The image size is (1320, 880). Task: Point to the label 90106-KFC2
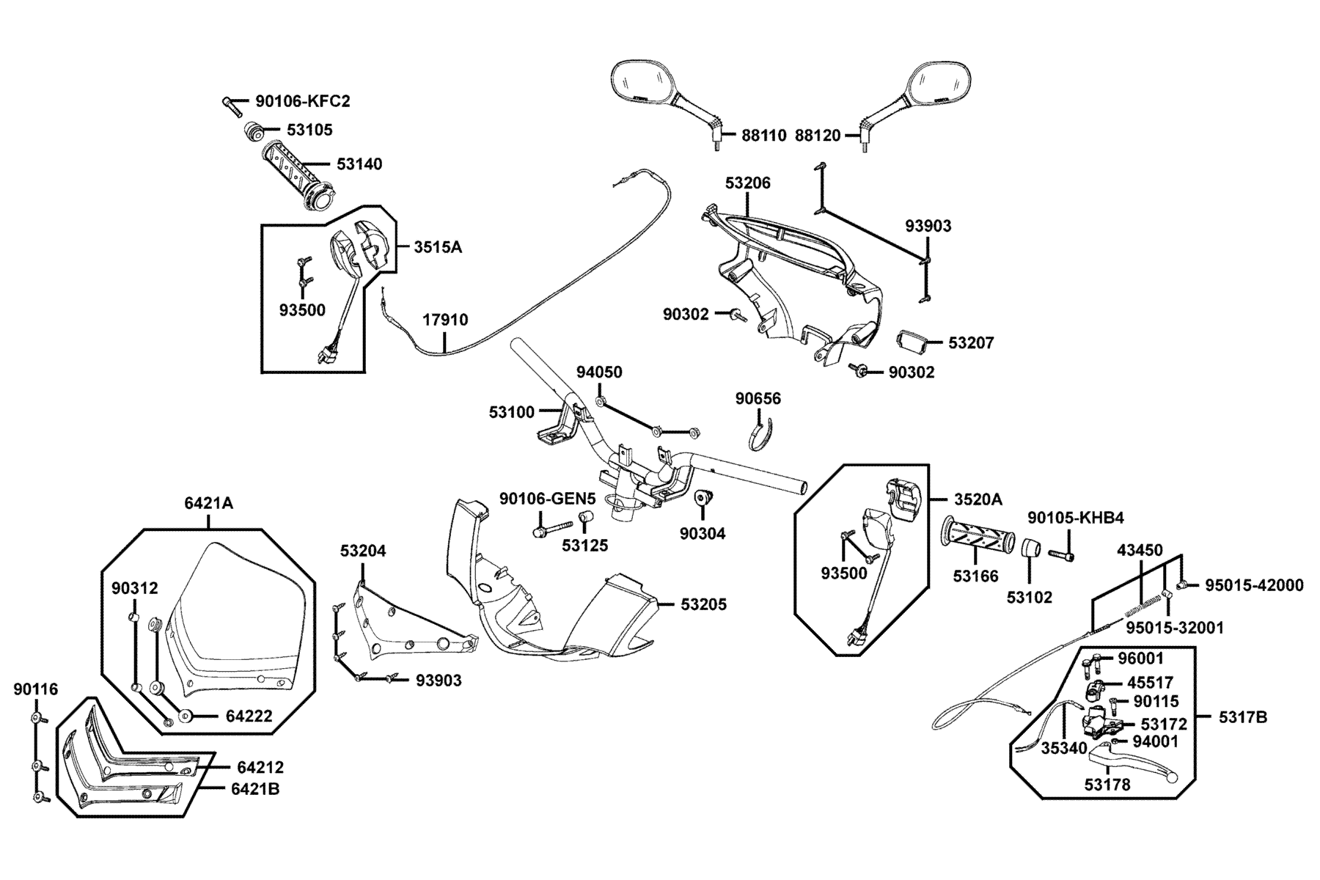click(303, 101)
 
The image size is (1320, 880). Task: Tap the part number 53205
click(704, 604)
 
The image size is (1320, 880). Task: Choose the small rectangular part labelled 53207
click(910, 342)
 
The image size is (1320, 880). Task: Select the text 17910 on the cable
click(445, 320)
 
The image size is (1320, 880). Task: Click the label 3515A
click(438, 246)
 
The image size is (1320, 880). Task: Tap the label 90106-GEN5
click(547, 499)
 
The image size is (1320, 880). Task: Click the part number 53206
click(748, 183)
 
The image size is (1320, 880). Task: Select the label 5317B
click(1243, 717)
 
